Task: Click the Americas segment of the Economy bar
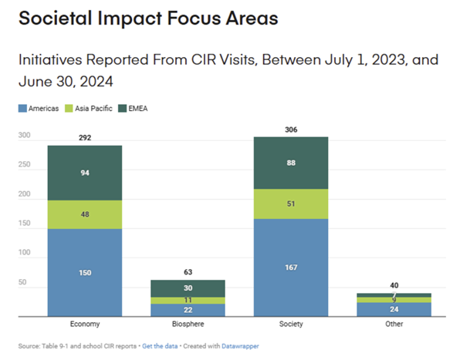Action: pos(85,272)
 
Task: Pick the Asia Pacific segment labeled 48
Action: pos(85,214)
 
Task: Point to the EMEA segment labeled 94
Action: pos(85,173)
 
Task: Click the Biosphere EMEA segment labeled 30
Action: pos(177,288)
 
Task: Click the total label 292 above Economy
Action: pos(85,139)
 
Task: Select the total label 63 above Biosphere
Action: pos(177,273)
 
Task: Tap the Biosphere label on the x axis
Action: pos(177,325)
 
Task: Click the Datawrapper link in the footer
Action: pos(241,346)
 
